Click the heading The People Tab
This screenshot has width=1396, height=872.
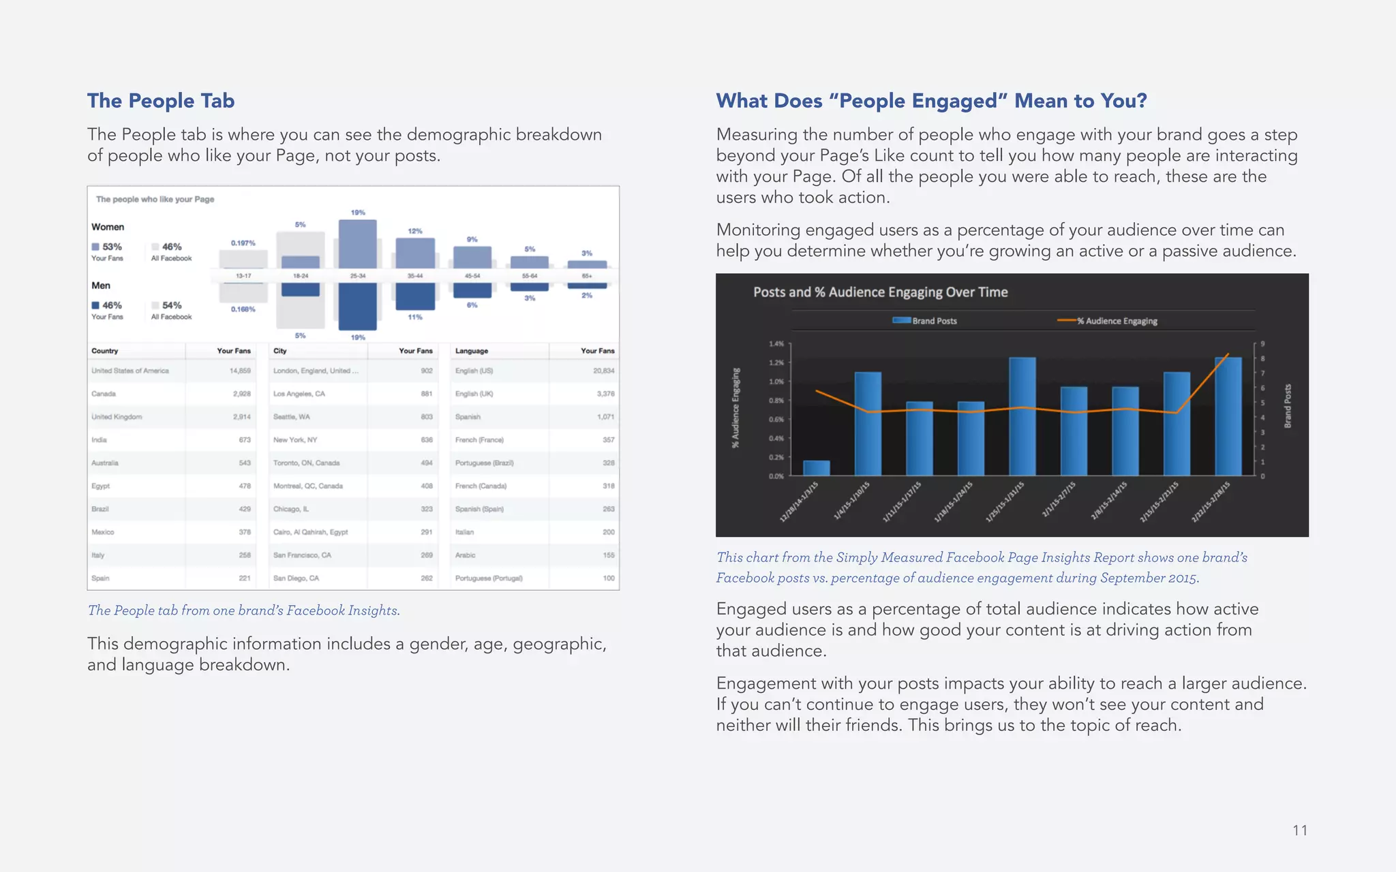[161, 101]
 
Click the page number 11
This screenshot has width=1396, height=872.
[1299, 830]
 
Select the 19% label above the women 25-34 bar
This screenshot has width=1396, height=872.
[358, 213]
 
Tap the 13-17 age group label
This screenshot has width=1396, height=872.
[243, 276]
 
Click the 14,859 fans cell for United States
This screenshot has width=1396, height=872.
[240, 371]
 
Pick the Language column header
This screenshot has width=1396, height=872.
[472, 351]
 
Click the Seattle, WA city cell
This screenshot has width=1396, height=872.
[292, 417]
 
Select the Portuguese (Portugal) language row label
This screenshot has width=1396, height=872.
[489, 578]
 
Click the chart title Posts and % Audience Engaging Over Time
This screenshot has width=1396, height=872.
[880, 292]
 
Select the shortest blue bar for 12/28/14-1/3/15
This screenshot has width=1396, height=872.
[816, 468]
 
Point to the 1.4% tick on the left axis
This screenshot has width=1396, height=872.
[776, 344]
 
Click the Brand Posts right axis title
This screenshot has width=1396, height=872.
[1288, 406]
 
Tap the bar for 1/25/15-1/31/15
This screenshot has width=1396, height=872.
[1022, 416]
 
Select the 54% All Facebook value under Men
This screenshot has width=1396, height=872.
[172, 305]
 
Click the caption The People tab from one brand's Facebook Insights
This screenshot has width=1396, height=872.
[243, 610]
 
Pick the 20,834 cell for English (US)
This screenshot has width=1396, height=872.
[603, 371]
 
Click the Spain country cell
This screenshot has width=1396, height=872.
[100, 578]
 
